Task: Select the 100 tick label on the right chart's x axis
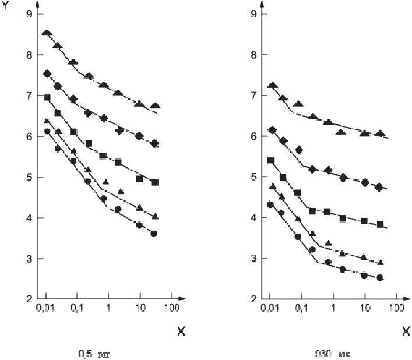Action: point(397,307)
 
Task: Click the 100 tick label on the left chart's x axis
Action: point(172,307)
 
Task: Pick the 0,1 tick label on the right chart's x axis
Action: point(301,307)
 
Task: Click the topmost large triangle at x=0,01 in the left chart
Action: point(47,33)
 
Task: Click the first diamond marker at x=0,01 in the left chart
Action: point(47,74)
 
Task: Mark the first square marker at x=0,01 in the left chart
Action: point(47,97)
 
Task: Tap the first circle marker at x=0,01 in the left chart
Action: point(47,131)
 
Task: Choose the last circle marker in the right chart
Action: point(380,277)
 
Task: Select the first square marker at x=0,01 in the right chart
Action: point(271,160)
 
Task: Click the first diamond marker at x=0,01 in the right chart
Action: point(271,130)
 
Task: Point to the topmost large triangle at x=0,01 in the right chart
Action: point(271,86)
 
